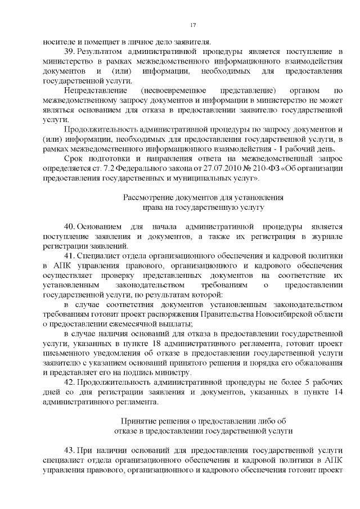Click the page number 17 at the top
click(192, 25)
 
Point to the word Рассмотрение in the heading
click(147, 197)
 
